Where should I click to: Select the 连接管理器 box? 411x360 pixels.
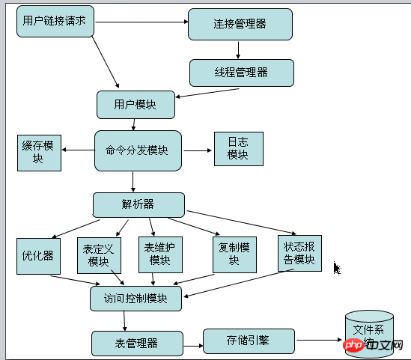point(240,25)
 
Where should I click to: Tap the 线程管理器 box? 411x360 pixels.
point(241,73)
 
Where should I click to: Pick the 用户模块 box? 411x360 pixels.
point(136,104)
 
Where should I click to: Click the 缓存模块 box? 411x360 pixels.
point(39,152)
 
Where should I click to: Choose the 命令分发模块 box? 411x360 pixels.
point(138,150)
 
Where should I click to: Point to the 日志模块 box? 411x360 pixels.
point(238,150)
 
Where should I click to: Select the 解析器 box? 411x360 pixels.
point(138,204)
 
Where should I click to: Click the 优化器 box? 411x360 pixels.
point(38,255)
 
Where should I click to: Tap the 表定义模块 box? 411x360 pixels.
point(99,256)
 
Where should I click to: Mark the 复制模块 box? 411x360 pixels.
point(235,254)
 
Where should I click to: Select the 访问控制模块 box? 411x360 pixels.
point(136,298)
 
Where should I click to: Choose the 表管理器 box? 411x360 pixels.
point(137,344)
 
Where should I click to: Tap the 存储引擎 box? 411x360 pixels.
point(249,341)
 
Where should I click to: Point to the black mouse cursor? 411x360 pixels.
point(337,267)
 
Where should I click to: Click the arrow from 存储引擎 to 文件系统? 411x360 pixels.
point(319,341)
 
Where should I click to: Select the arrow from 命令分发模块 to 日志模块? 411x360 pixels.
point(197,150)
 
